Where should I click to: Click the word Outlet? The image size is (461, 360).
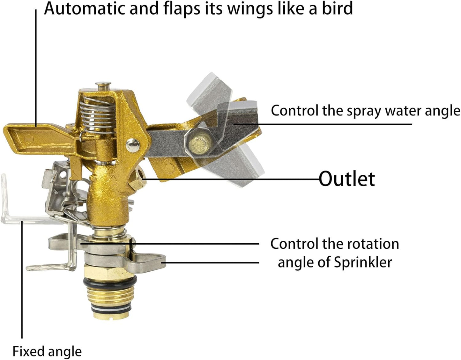click(347, 179)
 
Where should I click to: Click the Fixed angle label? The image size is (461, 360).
click(47, 351)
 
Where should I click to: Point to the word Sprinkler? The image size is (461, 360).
click(363, 262)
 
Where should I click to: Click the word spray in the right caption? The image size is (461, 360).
click(366, 111)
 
